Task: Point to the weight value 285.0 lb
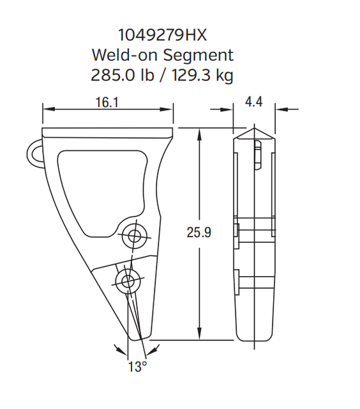[122, 75]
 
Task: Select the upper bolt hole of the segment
[134, 236]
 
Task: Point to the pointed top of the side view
[255, 130]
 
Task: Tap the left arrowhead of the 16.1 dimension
[47, 109]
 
